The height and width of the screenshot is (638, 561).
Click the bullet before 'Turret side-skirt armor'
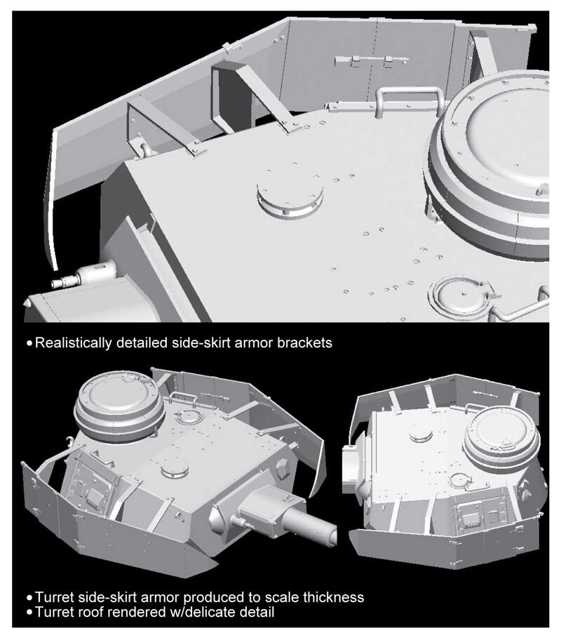[x=29, y=598]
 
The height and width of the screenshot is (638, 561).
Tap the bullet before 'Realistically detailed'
[x=29, y=343]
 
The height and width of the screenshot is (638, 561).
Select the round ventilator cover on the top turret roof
[x=290, y=197]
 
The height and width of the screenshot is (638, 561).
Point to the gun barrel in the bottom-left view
[x=310, y=525]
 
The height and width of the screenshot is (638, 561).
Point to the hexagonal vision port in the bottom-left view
[x=283, y=470]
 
